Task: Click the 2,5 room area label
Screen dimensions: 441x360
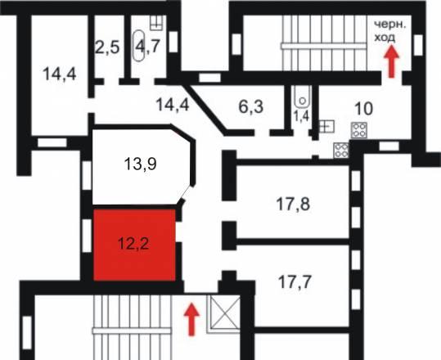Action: point(107,47)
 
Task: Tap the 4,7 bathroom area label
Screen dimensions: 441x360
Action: point(147,46)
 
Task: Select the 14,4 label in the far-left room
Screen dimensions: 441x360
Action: point(60,74)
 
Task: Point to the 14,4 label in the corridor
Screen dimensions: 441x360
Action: point(173,104)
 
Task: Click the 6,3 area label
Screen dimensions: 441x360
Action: point(251,106)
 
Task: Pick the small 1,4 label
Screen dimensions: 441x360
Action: point(301,115)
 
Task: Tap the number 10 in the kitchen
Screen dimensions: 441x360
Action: point(364,109)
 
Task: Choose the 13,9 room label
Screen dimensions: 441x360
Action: point(141,164)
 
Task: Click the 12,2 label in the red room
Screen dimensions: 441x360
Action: point(133,243)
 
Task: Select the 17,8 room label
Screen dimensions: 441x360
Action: point(294,204)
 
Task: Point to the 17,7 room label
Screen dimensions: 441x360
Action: point(295,281)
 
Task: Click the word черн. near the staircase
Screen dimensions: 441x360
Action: point(390,25)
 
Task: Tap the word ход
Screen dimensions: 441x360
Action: point(385,38)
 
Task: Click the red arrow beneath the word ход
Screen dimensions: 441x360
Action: point(391,62)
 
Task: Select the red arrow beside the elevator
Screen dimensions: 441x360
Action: point(191,319)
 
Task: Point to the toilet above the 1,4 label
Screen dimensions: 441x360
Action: point(303,97)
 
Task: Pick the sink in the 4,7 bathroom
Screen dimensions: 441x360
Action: point(156,23)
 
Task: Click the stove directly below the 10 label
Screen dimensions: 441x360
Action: point(359,130)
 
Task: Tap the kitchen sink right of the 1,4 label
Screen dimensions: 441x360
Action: point(326,127)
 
